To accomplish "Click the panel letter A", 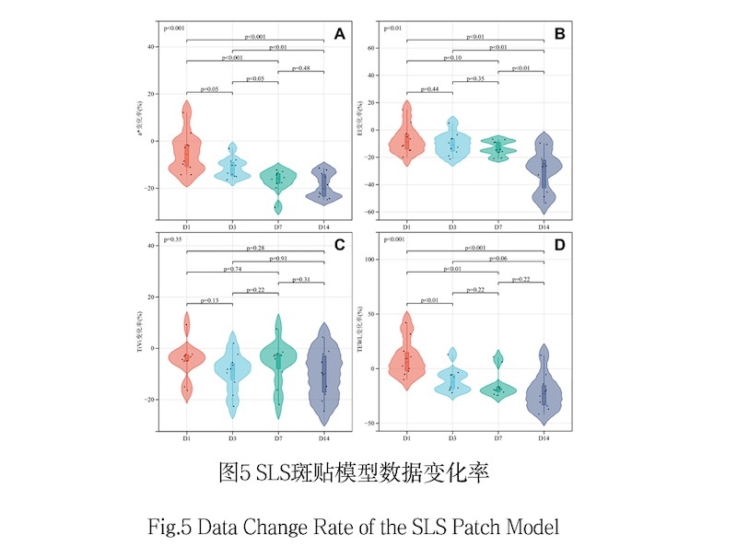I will tap(339, 35).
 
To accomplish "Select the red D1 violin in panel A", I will tap(187, 147).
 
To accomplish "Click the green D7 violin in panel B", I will tap(497, 147).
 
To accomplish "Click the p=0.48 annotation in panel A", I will tap(300, 67).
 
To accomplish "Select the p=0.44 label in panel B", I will tap(428, 88).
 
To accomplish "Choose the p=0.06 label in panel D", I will tap(521, 259).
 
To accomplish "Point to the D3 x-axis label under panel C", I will tap(232, 438).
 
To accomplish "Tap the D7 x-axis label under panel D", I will tap(497, 438).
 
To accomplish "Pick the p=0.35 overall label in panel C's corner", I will tap(174, 239).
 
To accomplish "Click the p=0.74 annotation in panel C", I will tap(232, 270).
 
